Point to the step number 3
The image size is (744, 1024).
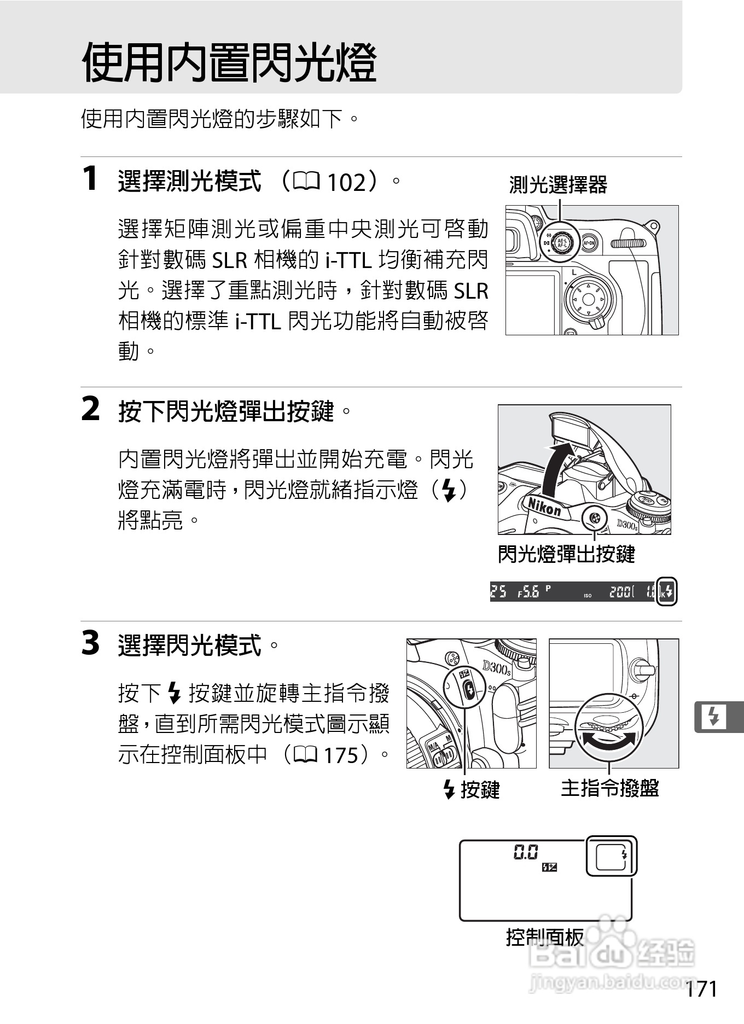91,643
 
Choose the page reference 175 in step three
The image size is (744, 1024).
341,755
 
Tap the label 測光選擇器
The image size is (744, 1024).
558,185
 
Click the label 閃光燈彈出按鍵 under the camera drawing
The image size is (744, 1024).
566,554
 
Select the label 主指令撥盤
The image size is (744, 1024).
609,788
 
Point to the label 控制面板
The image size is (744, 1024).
545,937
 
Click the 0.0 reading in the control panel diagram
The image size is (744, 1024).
526,852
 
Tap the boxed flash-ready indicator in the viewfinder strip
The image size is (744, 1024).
667,591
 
